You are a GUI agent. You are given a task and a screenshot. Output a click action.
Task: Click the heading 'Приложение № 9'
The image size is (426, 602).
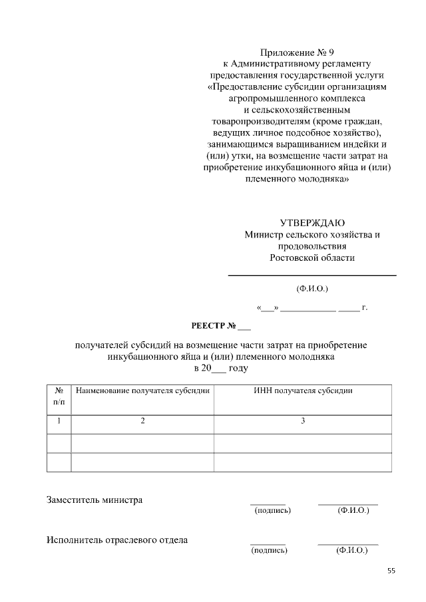(296, 51)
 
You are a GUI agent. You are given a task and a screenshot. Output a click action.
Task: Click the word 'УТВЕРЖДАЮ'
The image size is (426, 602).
(312, 222)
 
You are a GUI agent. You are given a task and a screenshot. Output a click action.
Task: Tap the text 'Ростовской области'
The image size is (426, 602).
(312, 257)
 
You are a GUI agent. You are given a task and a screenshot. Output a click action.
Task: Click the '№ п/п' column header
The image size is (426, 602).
(59, 396)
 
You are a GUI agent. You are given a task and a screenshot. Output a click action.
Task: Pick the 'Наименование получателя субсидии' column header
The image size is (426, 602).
(142, 390)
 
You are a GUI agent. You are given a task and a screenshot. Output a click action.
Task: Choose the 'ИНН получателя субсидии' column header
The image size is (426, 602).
(303, 390)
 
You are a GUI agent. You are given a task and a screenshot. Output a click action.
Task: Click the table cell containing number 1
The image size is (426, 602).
(59, 420)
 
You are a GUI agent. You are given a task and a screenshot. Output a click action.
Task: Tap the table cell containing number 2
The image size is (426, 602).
(142, 420)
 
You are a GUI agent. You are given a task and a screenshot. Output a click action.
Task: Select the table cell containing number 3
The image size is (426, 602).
(303, 420)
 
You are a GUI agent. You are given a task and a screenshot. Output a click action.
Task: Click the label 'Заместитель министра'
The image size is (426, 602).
(95, 500)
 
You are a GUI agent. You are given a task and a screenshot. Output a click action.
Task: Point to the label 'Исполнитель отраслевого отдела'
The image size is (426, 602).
(117, 539)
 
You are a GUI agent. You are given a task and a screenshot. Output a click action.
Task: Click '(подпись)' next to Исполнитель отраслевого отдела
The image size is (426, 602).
(269, 551)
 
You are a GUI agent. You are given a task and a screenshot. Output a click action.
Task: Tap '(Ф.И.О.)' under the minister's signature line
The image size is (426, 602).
(312, 288)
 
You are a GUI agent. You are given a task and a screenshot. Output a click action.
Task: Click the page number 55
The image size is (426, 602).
(391, 571)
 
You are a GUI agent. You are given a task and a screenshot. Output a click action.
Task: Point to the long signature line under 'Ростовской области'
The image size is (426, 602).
(312, 275)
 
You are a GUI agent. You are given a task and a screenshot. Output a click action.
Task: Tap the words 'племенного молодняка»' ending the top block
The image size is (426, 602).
(296, 180)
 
